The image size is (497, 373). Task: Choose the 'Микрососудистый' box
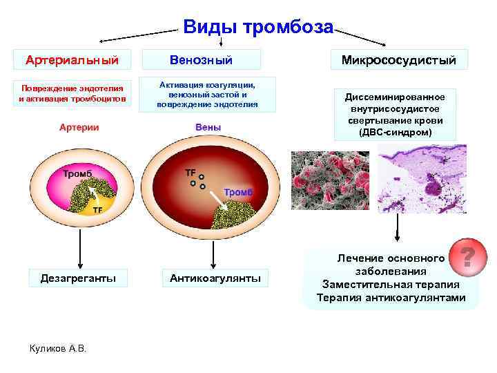coord(399,60)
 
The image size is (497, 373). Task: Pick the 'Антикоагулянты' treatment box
coord(215,278)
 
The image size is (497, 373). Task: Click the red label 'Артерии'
coord(79,127)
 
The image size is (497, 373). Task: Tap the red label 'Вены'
coord(208,127)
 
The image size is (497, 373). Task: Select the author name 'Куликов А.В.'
coord(57,347)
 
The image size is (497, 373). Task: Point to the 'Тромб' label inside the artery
coord(77,173)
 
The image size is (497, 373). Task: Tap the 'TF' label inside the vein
coord(191,171)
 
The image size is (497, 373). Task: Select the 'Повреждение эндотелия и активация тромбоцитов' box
coord(72,93)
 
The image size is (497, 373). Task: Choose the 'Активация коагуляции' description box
coord(208,94)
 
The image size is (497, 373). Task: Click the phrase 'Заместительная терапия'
coord(391,284)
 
